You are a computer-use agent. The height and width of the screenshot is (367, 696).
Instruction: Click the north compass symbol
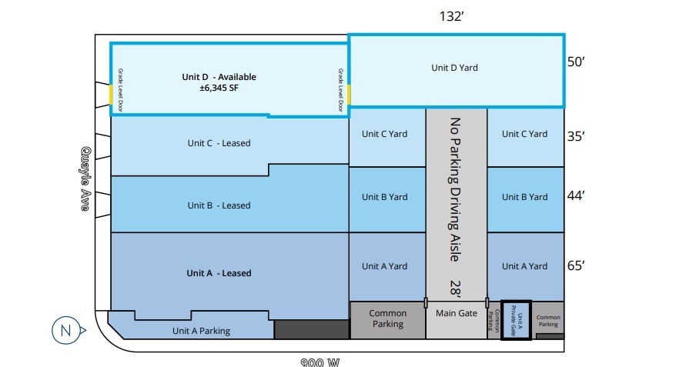point(65,332)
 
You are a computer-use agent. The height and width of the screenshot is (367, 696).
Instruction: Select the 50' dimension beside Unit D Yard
point(577,62)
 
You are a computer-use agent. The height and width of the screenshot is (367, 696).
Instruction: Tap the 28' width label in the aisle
point(456,289)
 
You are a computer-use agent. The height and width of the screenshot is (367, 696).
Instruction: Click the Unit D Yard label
point(454,68)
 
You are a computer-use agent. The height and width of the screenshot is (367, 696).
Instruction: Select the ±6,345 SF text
point(219,88)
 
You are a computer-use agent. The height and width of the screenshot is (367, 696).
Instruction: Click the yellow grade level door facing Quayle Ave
point(111,95)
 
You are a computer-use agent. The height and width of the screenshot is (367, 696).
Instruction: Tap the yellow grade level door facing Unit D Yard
point(349,95)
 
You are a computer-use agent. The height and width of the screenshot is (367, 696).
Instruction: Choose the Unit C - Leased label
point(219,142)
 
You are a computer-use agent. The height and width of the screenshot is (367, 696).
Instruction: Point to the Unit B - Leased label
point(219,205)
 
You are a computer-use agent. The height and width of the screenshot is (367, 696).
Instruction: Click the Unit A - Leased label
point(219,273)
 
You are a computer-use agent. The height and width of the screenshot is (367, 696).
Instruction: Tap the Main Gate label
point(457,313)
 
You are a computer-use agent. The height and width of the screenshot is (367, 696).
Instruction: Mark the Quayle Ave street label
point(86,178)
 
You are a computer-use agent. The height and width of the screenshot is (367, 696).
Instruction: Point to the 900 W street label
point(320,362)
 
